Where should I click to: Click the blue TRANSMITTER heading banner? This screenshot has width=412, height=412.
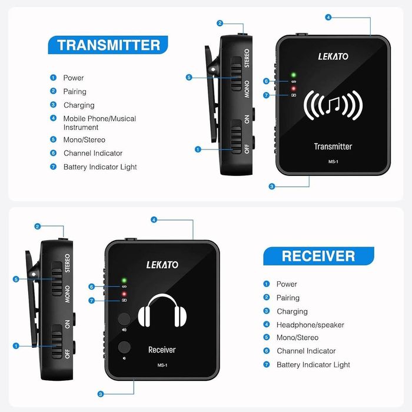[108, 45]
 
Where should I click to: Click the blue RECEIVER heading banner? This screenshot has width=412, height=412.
[318, 255]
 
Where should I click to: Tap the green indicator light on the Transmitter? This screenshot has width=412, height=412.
[293, 75]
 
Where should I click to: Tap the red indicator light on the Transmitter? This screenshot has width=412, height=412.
[293, 88]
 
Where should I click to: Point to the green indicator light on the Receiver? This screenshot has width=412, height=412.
[124, 280]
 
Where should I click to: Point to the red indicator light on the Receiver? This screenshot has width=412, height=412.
[124, 293]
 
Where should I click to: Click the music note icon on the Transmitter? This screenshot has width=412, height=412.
[333, 105]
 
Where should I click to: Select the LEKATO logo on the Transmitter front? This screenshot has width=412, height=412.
[333, 57]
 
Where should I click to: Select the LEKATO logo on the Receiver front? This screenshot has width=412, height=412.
[162, 264]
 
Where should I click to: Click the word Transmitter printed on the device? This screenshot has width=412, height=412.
[333, 147]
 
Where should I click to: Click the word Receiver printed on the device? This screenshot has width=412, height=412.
[162, 350]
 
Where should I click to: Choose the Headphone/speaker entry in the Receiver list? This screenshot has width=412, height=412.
[310, 325]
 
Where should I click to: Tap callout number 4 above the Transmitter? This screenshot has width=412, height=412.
[328, 17]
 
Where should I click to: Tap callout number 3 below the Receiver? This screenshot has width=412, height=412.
[101, 394]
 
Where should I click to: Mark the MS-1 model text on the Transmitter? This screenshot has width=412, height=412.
[333, 162]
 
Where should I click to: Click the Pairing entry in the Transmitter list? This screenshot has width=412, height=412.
[75, 91]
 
